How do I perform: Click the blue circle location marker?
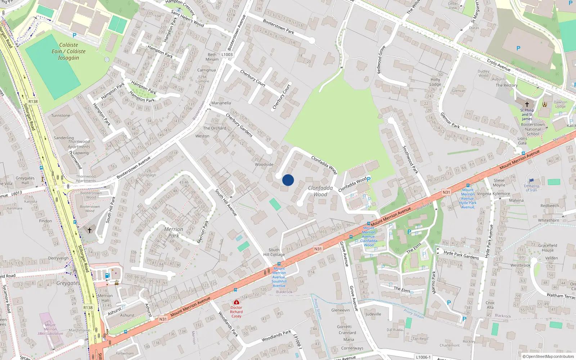[x=288, y=180]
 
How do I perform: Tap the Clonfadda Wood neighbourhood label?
[x=320, y=191]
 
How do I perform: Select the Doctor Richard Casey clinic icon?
[x=236, y=302]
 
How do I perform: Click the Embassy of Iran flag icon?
[x=531, y=181]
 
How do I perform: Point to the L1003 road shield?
[x=227, y=55]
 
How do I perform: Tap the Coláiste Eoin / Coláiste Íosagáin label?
[x=68, y=51]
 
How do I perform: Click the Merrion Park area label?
[x=174, y=232]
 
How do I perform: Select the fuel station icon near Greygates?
[x=107, y=276]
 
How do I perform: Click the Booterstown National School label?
[x=533, y=129]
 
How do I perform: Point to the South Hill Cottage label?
[x=274, y=252]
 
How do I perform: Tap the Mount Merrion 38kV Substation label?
[x=50, y=329]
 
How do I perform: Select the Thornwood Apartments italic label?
[x=79, y=144]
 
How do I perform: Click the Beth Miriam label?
[x=212, y=57]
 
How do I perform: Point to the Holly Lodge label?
[x=435, y=82]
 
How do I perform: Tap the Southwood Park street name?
[x=410, y=159]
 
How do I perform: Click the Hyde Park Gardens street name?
[x=461, y=255]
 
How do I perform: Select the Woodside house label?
[x=264, y=165]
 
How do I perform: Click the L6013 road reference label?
[x=17, y=194]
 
